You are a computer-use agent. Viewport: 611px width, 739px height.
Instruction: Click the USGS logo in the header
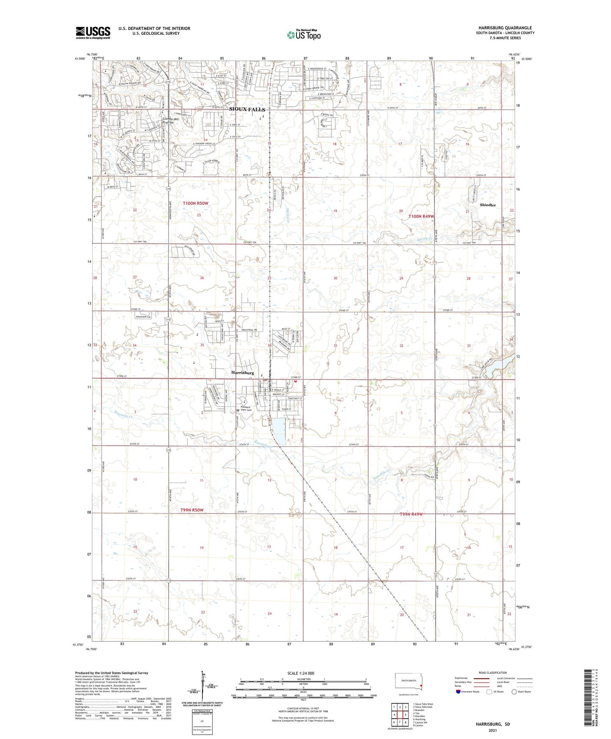pos(93,33)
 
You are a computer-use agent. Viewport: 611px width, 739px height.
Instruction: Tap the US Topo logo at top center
pos(303,35)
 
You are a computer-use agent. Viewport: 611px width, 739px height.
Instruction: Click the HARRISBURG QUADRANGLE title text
pos(505,28)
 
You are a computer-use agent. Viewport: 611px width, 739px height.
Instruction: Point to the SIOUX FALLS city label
pos(247,109)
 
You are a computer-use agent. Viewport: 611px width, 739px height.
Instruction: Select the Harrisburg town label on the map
pos(243,373)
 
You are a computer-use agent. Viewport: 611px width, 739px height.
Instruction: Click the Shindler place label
pos(488,205)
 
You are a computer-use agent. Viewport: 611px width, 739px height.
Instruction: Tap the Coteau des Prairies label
pos(170,120)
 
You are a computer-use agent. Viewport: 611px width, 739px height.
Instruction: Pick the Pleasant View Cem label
pos(246,409)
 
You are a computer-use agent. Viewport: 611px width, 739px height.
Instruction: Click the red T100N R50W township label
pos(196,204)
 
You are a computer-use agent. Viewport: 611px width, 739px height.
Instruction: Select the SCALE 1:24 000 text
pos(301,673)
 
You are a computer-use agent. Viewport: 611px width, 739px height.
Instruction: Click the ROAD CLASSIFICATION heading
pos(493,673)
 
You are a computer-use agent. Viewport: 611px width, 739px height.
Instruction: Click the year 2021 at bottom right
pos(493,731)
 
